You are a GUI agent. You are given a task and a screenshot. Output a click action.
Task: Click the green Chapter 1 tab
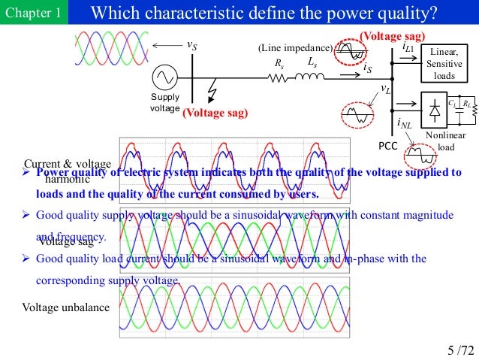tap(32, 14)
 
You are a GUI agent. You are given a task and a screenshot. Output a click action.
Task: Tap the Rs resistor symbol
tap(279, 76)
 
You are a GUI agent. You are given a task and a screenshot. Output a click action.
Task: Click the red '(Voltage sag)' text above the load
tap(392, 36)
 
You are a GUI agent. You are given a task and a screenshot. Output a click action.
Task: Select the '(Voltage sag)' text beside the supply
tap(215, 113)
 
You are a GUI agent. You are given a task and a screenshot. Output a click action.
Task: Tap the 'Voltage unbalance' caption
tap(65, 307)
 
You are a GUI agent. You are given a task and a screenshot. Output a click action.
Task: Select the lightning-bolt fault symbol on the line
tap(215, 92)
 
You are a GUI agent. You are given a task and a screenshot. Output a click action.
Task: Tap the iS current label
tap(367, 69)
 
